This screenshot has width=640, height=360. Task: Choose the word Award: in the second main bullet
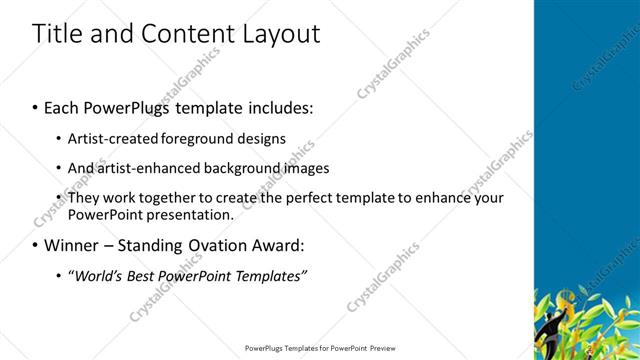coord(283,245)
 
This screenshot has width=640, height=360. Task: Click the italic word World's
coord(96,275)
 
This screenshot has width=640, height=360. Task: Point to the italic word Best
coord(144,275)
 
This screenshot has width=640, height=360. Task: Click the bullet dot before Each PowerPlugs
coord(35,106)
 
